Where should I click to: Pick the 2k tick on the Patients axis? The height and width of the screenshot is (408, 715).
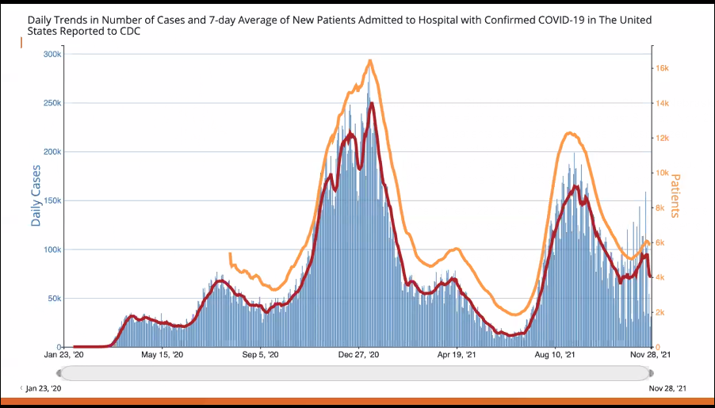660,312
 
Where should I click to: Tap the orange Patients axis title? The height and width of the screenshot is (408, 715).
675,196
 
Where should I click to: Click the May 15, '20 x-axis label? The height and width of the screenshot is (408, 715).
162,356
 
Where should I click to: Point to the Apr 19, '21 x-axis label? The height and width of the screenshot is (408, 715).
457,356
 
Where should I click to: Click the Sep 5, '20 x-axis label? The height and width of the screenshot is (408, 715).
260,356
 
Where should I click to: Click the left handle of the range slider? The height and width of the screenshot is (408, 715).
59,373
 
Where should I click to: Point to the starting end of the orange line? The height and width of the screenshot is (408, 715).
230,254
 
